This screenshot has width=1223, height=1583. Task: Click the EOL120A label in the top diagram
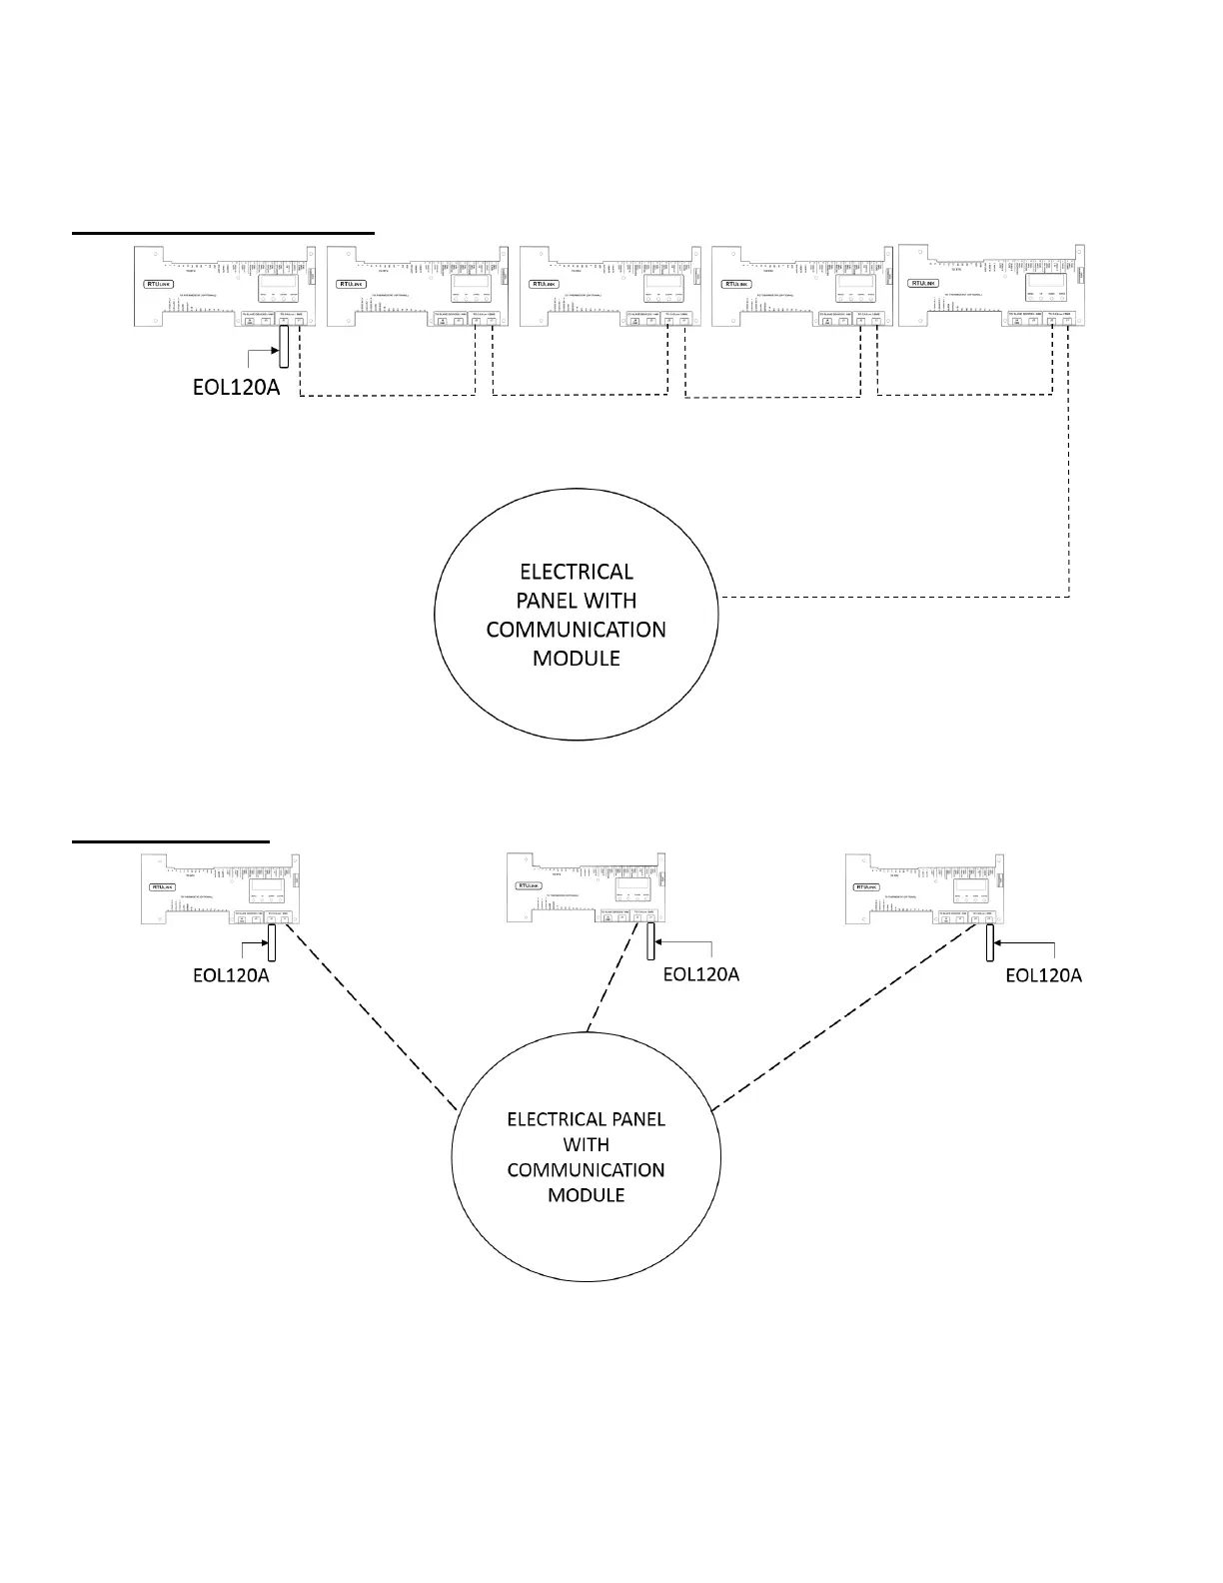(236, 387)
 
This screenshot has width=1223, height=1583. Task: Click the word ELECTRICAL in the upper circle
(577, 572)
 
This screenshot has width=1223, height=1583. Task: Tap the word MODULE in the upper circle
(577, 658)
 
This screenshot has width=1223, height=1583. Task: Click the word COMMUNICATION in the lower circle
(586, 1169)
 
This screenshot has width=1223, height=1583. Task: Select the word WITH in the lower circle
(586, 1144)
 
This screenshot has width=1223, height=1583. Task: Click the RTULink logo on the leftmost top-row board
(159, 284)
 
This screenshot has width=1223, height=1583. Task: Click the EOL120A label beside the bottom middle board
(701, 974)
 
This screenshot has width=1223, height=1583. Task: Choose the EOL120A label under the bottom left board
(231, 974)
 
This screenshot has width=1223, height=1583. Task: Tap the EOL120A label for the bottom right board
(1043, 974)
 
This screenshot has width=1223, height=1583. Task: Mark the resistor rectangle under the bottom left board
(271, 941)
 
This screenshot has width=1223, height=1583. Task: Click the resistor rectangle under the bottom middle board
(649, 940)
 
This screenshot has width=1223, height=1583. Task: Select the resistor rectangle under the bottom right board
(989, 941)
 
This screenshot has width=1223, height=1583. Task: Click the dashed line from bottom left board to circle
(370, 1014)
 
